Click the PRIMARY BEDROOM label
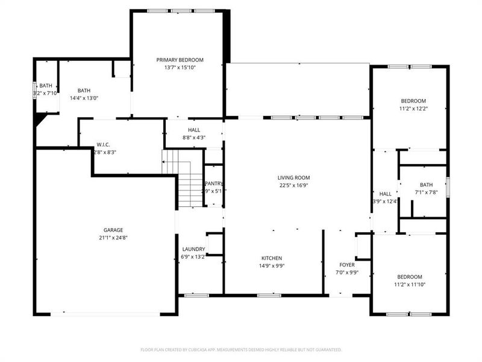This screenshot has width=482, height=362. click(x=180, y=60)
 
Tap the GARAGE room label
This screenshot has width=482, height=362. click(x=113, y=230)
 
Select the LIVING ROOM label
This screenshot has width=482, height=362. click(x=293, y=177)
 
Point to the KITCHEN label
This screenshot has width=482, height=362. click(x=272, y=258)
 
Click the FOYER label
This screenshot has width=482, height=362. click(x=346, y=264)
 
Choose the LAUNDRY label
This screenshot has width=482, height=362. click(x=193, y=249)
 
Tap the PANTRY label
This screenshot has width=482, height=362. click(x=214, y=183)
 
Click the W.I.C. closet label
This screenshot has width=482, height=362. click(x=102, y=145)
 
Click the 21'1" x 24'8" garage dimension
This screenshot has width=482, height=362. click(x=113, y=238)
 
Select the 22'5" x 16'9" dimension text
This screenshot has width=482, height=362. click(x=293, y=185)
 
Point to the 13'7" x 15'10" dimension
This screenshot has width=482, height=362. click(x=180, y=68)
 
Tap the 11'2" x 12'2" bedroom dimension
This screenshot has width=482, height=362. click(x=414, y=109)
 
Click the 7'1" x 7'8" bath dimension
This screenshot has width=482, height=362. click(x=426, y=192)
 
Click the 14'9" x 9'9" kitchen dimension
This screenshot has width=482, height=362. click(x=272, y=265)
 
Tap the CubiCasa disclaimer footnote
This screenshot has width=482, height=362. click(x=241, y=349)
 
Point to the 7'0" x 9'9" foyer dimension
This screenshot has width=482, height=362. click(x=346, y=272)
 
